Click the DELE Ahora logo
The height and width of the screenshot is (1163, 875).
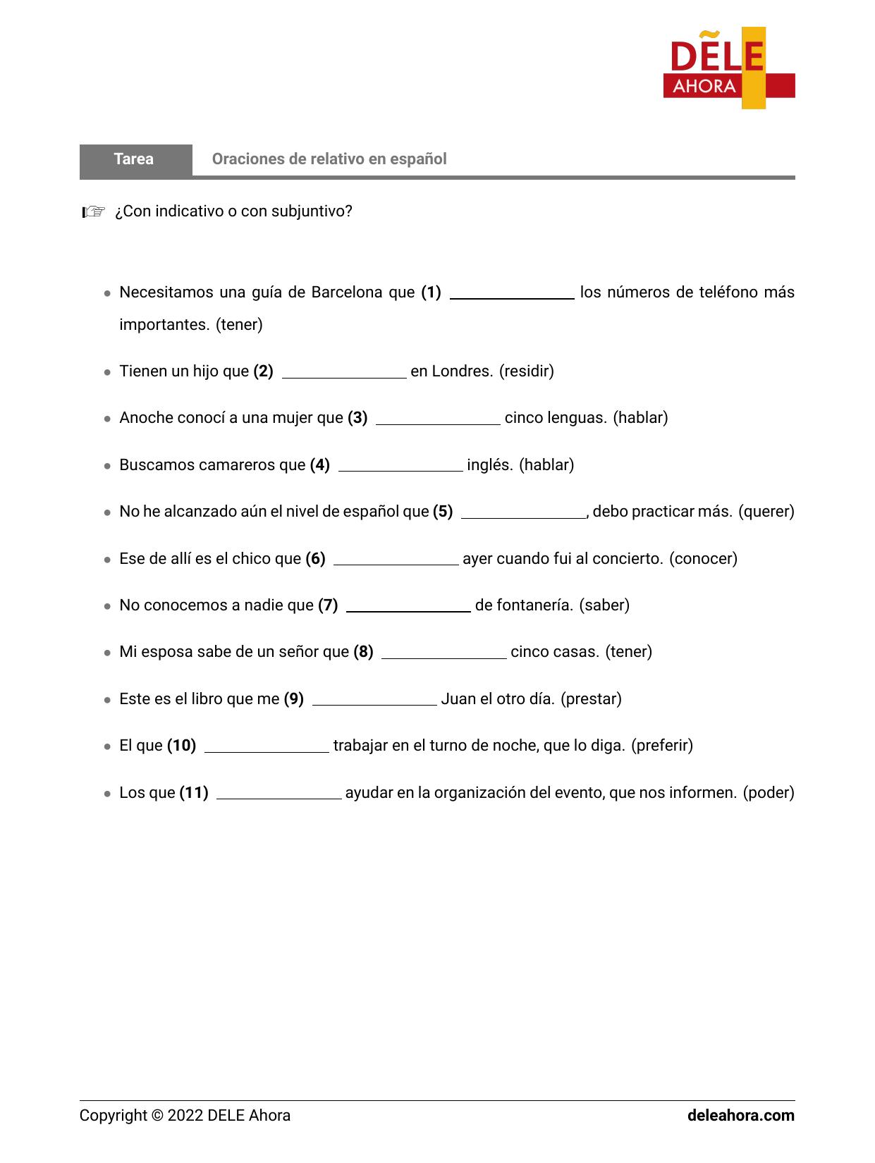pyautogui.click(x=728, y=68)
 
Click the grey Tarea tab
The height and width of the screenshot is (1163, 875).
pyautogui.click(x=135, y=159)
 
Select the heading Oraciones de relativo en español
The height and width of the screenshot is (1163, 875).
pyautogui.click(x=329, y=159)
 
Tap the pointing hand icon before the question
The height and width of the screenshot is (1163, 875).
pyautogui.click(x=93, y=211)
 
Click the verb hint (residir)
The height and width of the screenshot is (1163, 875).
pyautogui.click(x=526, y=371)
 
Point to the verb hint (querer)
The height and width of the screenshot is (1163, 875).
pyautogui.click(x=766, y=512)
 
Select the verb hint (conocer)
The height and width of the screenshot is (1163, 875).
pyautogui.click(x=703, y=559)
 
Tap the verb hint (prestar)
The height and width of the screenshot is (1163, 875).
pyautogui.click(x=591, y=699)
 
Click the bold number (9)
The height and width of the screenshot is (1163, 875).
pyautogui.click(x=293, y=699)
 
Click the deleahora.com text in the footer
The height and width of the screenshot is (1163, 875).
pyautogui.click(x=740, y=1116)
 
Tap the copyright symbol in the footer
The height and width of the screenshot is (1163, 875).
pyautogui.click(x=157, y=1116)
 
